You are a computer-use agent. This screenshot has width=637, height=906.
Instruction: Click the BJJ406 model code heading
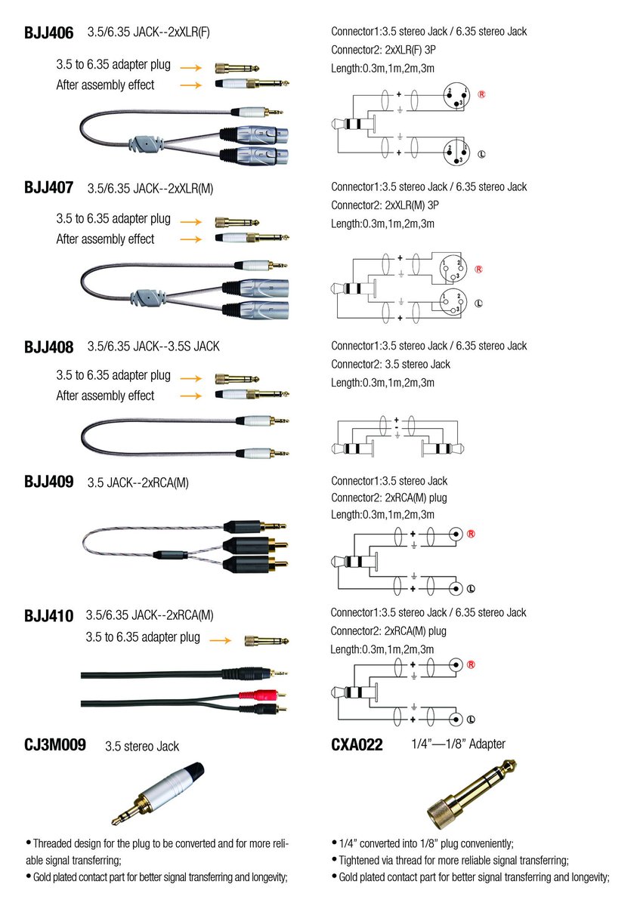pyautogui.click(x=48, y=33)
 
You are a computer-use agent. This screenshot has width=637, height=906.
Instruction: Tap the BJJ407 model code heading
pyautogui.click(x=48, y=189)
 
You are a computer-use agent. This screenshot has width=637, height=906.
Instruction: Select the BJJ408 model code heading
pyautogui.click(x=48, y=347)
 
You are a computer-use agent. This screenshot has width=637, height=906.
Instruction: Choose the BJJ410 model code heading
pyautogui.click(x=48, y=616)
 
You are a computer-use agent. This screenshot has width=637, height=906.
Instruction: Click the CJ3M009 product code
pyautogui.click(x=55, y=746)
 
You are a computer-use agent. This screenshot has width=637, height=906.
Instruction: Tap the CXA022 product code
pyautogui.click(x=357, y=746)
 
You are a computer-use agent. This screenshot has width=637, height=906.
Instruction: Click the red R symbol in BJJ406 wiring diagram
pyautogui.click(x=481, y=95)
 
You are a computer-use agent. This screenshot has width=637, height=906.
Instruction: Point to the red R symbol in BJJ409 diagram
pyautogui.click(x=470, y=534)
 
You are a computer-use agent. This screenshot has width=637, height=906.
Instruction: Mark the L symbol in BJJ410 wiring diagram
pyautogui.click(x=470, y=720)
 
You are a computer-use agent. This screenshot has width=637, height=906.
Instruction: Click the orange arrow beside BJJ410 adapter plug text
pyautogui.click(x=220, y=640)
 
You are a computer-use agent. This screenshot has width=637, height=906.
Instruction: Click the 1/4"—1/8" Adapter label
pyautogui.click(x=458, y=744)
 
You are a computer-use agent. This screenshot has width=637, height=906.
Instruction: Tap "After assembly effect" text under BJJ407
pyautogui.click(x=105, y=239)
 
